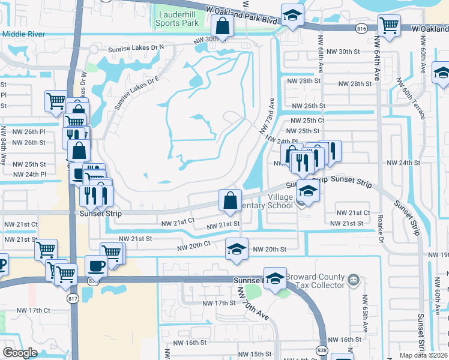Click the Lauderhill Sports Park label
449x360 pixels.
click(x=176, y=19)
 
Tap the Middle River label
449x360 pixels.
click(x=23, y=34)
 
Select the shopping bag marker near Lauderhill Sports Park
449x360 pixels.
click(x=222, y=26)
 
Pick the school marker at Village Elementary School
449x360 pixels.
click(x=308, y=191)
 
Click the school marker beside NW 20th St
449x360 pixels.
click(x=237, y=248)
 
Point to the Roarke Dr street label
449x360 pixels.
click(x=381, y=223)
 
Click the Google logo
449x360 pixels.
click(x=20, y=353)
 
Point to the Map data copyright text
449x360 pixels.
click(x=423, y=355)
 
